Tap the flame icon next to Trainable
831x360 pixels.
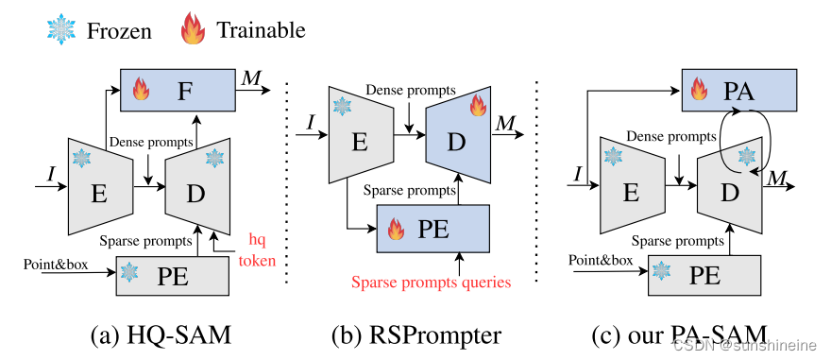point(193,30)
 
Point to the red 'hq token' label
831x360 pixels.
point(259,249)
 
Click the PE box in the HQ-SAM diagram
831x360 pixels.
point(173,274)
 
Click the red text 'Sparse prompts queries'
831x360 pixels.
point(431,281)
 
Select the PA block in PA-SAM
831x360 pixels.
point(742,92)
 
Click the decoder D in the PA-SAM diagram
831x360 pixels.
point(729,192)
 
